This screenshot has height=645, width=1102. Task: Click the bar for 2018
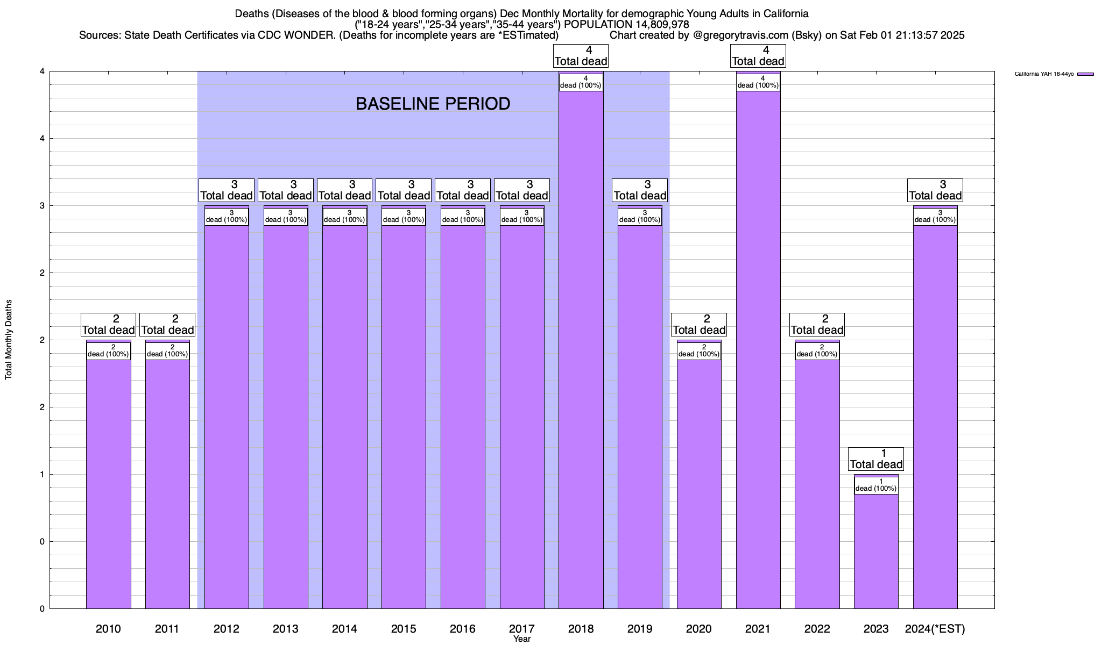click(581, 349)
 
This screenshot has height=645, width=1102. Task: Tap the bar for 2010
click(108, 484)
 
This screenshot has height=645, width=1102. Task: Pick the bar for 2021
click(758, 349)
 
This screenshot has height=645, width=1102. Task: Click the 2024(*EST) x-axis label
click(935, 628)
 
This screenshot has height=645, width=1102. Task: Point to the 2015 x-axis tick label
click(404, 628)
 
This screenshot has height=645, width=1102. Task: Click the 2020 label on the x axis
click(699, 628)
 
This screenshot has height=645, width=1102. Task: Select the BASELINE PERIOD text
click(433, 104)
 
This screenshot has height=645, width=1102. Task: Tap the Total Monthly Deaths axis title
click(9, 340)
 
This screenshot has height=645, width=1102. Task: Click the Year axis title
click(522, 639)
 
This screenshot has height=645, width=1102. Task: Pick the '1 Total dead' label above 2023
click(876, 459)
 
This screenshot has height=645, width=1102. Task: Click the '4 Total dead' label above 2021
click(758, 56)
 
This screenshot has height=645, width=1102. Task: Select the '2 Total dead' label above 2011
click(167, 325)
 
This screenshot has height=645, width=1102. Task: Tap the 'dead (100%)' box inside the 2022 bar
click(817, 351)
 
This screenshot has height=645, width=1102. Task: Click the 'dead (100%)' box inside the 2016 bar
click(463, 217)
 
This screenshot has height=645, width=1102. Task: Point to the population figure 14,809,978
click(653, 25)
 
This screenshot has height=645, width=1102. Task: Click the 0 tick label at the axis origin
click(41, 608)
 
